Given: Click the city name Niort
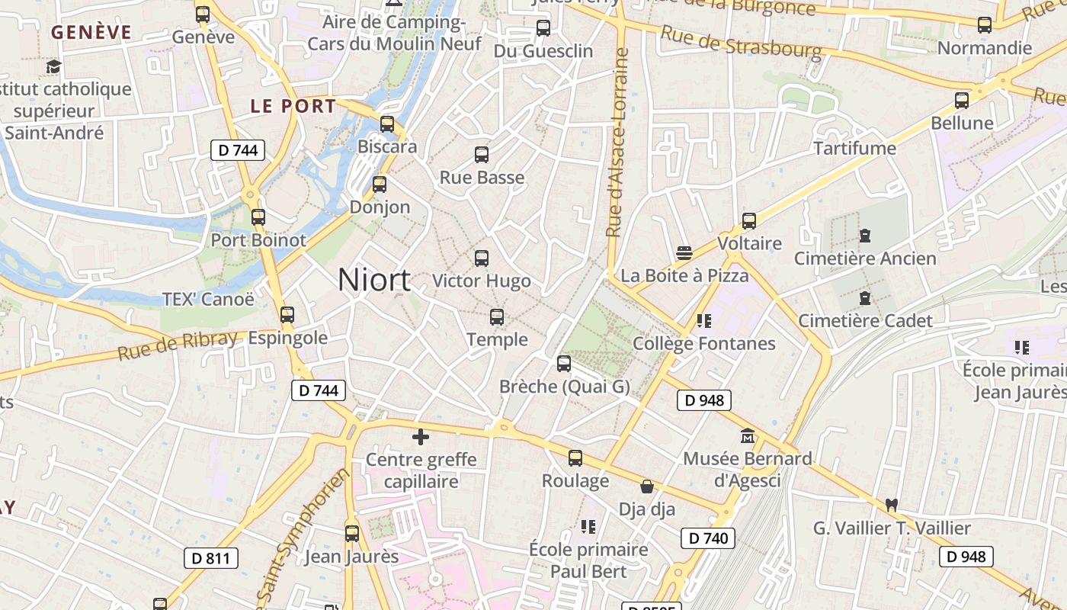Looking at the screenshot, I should tap(373, 280).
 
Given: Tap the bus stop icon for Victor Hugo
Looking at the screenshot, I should tap(482, 258).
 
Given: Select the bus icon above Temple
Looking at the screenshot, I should tap(497, 316).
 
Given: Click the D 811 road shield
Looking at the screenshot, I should tap(211, 558).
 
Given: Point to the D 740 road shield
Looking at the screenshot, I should tap(708, 538).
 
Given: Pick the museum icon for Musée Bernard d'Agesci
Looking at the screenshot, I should tap(748, 436).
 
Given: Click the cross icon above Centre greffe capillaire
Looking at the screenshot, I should tap(421, 437).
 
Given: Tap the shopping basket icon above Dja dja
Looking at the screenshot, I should tap(647, 486).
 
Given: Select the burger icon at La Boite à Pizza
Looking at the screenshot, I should tap(684, 253).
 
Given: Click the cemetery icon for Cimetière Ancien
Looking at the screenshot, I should tap(865, 236).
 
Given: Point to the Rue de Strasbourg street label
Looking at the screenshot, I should tap(741, 43).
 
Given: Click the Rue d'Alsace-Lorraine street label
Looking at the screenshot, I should tap(618, 143).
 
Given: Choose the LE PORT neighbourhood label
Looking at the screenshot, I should tap(293, 107).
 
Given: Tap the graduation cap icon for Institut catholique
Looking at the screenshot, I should tap(53, 67).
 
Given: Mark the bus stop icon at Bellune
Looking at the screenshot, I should tap(962, 100).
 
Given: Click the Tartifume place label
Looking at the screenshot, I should tap(854, 148).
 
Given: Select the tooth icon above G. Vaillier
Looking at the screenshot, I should tap(892, 505).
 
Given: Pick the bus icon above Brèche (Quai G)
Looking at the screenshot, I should tap(564, 364).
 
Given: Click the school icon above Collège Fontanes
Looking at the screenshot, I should tap(703, 321).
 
